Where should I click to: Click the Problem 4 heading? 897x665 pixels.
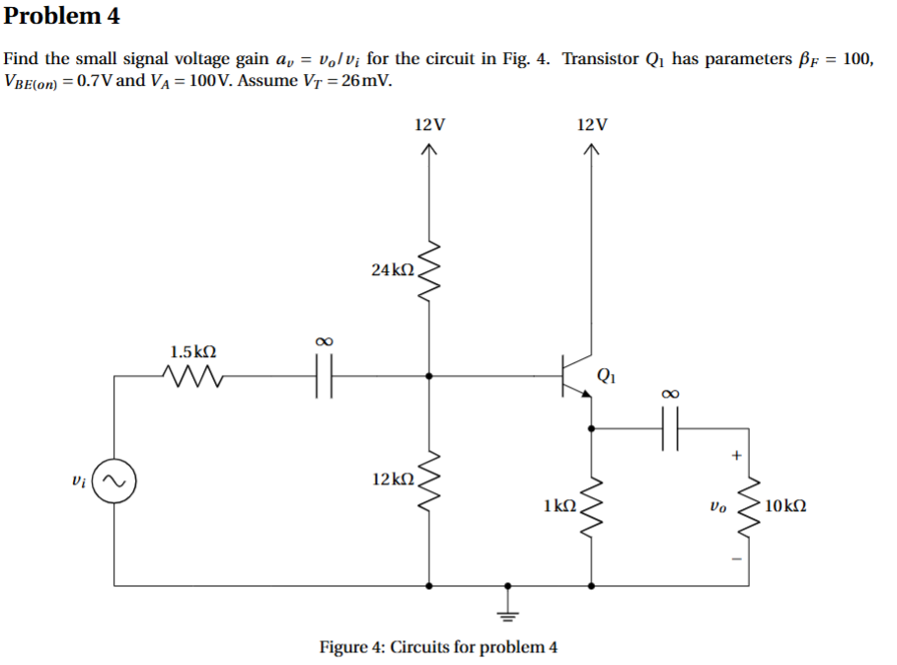click(x=61, y=16)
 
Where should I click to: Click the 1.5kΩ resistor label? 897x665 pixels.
click(x=193, y=351)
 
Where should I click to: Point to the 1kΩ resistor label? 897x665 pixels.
click(x=560, y=505)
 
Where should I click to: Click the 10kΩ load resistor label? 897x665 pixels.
click(x=785, y=505)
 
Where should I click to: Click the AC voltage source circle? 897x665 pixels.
click(x=116, y=482)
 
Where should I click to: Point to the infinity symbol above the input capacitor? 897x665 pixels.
click(x=322, y=340)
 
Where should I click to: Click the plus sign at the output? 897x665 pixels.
click(x=735, y=456)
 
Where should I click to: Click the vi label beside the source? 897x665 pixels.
click(x=82, y=482)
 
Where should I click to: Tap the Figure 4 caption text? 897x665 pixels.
click(x=438, y=647)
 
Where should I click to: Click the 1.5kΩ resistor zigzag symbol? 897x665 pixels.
click(x=193, y=376)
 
